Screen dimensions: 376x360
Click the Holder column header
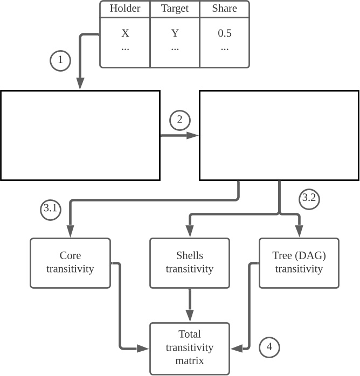click(125, 9)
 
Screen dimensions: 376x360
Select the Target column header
click(175, 9)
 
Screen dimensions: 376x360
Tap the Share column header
click(224, 9)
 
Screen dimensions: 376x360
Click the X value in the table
click(125, 33)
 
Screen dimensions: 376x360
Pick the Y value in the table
click(175, 33)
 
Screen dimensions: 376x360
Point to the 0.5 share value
click(224, 33)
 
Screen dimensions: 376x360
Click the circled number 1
click(60, 60)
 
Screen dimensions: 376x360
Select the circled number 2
click(180, 120)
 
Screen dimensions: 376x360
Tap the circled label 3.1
click(50, 210)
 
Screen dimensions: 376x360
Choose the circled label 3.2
click(309, 198)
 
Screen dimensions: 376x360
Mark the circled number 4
click(269, 348)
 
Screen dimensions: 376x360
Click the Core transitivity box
click(70, 262)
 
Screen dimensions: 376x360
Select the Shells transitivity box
click(190, 262)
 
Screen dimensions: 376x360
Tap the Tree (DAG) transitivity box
click(299, 262)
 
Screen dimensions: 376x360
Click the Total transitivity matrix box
click(190, 348)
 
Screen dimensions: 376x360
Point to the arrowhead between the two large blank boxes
click(193, 135)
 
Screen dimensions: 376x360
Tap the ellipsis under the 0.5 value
click(224, 48)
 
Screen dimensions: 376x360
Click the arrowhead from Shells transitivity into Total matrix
click(190, 317)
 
